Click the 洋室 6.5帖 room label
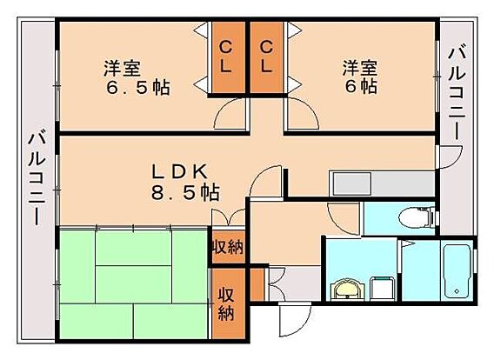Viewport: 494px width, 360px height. [x=137, y=77]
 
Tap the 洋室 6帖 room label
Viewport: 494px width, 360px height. [x=360, y=77]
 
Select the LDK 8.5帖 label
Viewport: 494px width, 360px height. [x=185, y=182]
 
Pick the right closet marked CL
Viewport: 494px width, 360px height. [x=267, y=57]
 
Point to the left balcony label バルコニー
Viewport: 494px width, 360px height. [x=37, y=179]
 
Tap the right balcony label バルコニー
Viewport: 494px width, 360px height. [x=457, y=94]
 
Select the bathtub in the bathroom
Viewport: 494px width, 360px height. [x=457, y=270]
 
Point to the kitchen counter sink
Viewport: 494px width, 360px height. [x=352, y=184]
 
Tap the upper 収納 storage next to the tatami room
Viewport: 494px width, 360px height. [x=229, y=247]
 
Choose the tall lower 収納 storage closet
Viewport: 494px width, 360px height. [x=229, y=303]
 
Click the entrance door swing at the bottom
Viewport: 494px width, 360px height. [x=295, y=319]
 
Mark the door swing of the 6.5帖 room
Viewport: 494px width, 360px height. [x=230, y=113]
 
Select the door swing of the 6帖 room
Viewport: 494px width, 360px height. [x=303, y=113]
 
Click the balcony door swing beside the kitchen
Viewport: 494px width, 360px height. [x=450, y=157]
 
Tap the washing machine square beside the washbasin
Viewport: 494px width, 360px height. [x=382, y=289]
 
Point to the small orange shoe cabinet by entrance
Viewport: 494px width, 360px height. [x=257, y=284]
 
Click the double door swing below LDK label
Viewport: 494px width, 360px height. [x=229, y=217]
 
